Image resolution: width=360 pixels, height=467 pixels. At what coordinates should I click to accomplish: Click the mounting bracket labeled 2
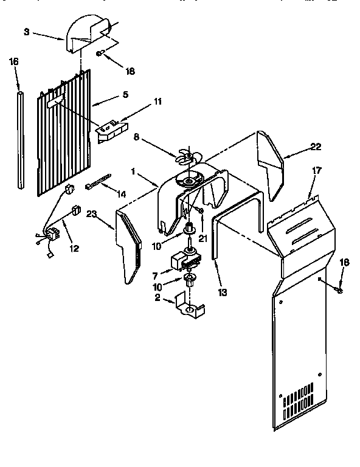[188, 306]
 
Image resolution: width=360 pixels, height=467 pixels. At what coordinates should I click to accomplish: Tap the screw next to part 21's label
[199, 210]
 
